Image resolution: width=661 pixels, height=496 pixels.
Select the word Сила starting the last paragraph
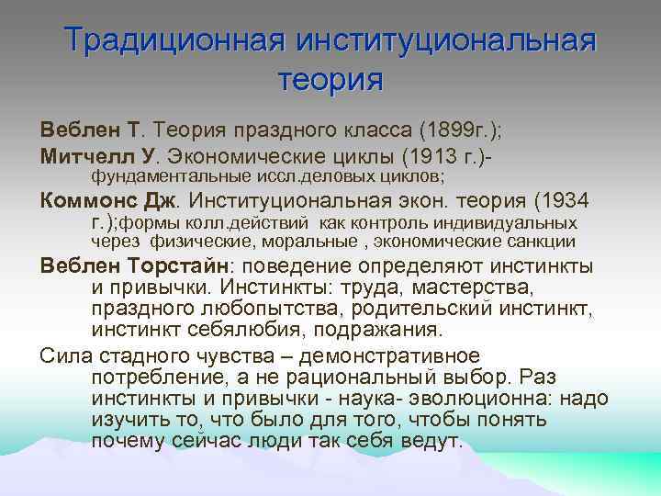pyautogui.click(x=61, y=355)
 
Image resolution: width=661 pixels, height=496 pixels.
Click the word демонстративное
pyautogui.click(x=405, y=355)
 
